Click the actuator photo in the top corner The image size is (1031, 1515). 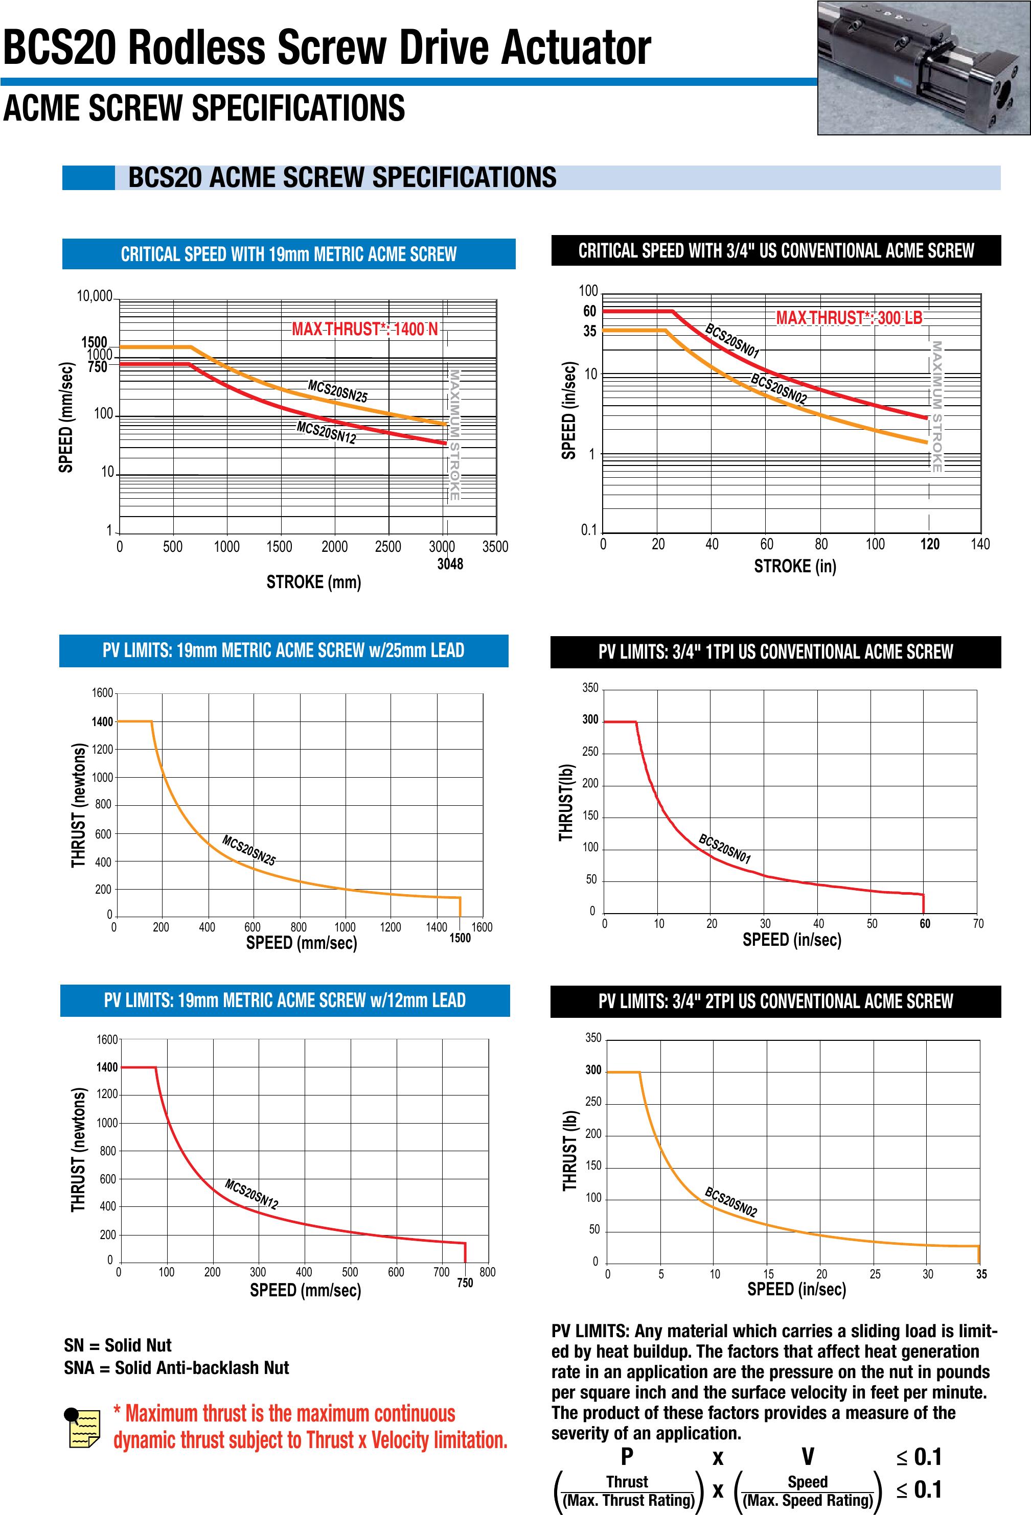pyautogui.click(x=923, y=68)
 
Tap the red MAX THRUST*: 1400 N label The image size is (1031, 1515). pyautogui.click(x=364, y=329)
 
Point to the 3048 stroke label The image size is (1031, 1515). pyautogui.click(x=450, y=564)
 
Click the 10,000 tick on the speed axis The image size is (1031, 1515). pyautogui.click(x=95, y=296)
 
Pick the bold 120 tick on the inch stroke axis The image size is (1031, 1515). pyautogui.click(x=929, y=544)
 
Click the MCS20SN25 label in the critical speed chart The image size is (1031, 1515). pyautogui.click(x=338, y=391)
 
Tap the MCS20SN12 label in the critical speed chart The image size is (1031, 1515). pyautogui.click(x=326, y=433)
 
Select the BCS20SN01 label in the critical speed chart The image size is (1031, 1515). pyautogui.click(x=732, y=341)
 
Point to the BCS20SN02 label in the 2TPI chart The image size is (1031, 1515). pyautogui.click(x=731, y=1203)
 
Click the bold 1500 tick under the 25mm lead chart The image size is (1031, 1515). pyautogui.click(x=460, y=938)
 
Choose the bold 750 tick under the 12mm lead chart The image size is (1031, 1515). pyautogui.click(x=465, y=1283)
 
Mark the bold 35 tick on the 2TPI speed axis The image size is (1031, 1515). pyautogui.click(x=981, y=1274)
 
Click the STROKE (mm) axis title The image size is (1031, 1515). pyautogui.click(x=314, y=582)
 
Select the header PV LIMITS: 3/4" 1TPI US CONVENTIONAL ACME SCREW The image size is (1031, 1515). pyautogui.click(x=775, y=652)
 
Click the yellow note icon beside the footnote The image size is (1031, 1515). pyautogui.click(x=83, y=1427)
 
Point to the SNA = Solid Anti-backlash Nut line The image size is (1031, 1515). pyautogui.click(x=176, y=1368)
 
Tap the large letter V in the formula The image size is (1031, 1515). pyautogui.click(x=807, y=1456)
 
